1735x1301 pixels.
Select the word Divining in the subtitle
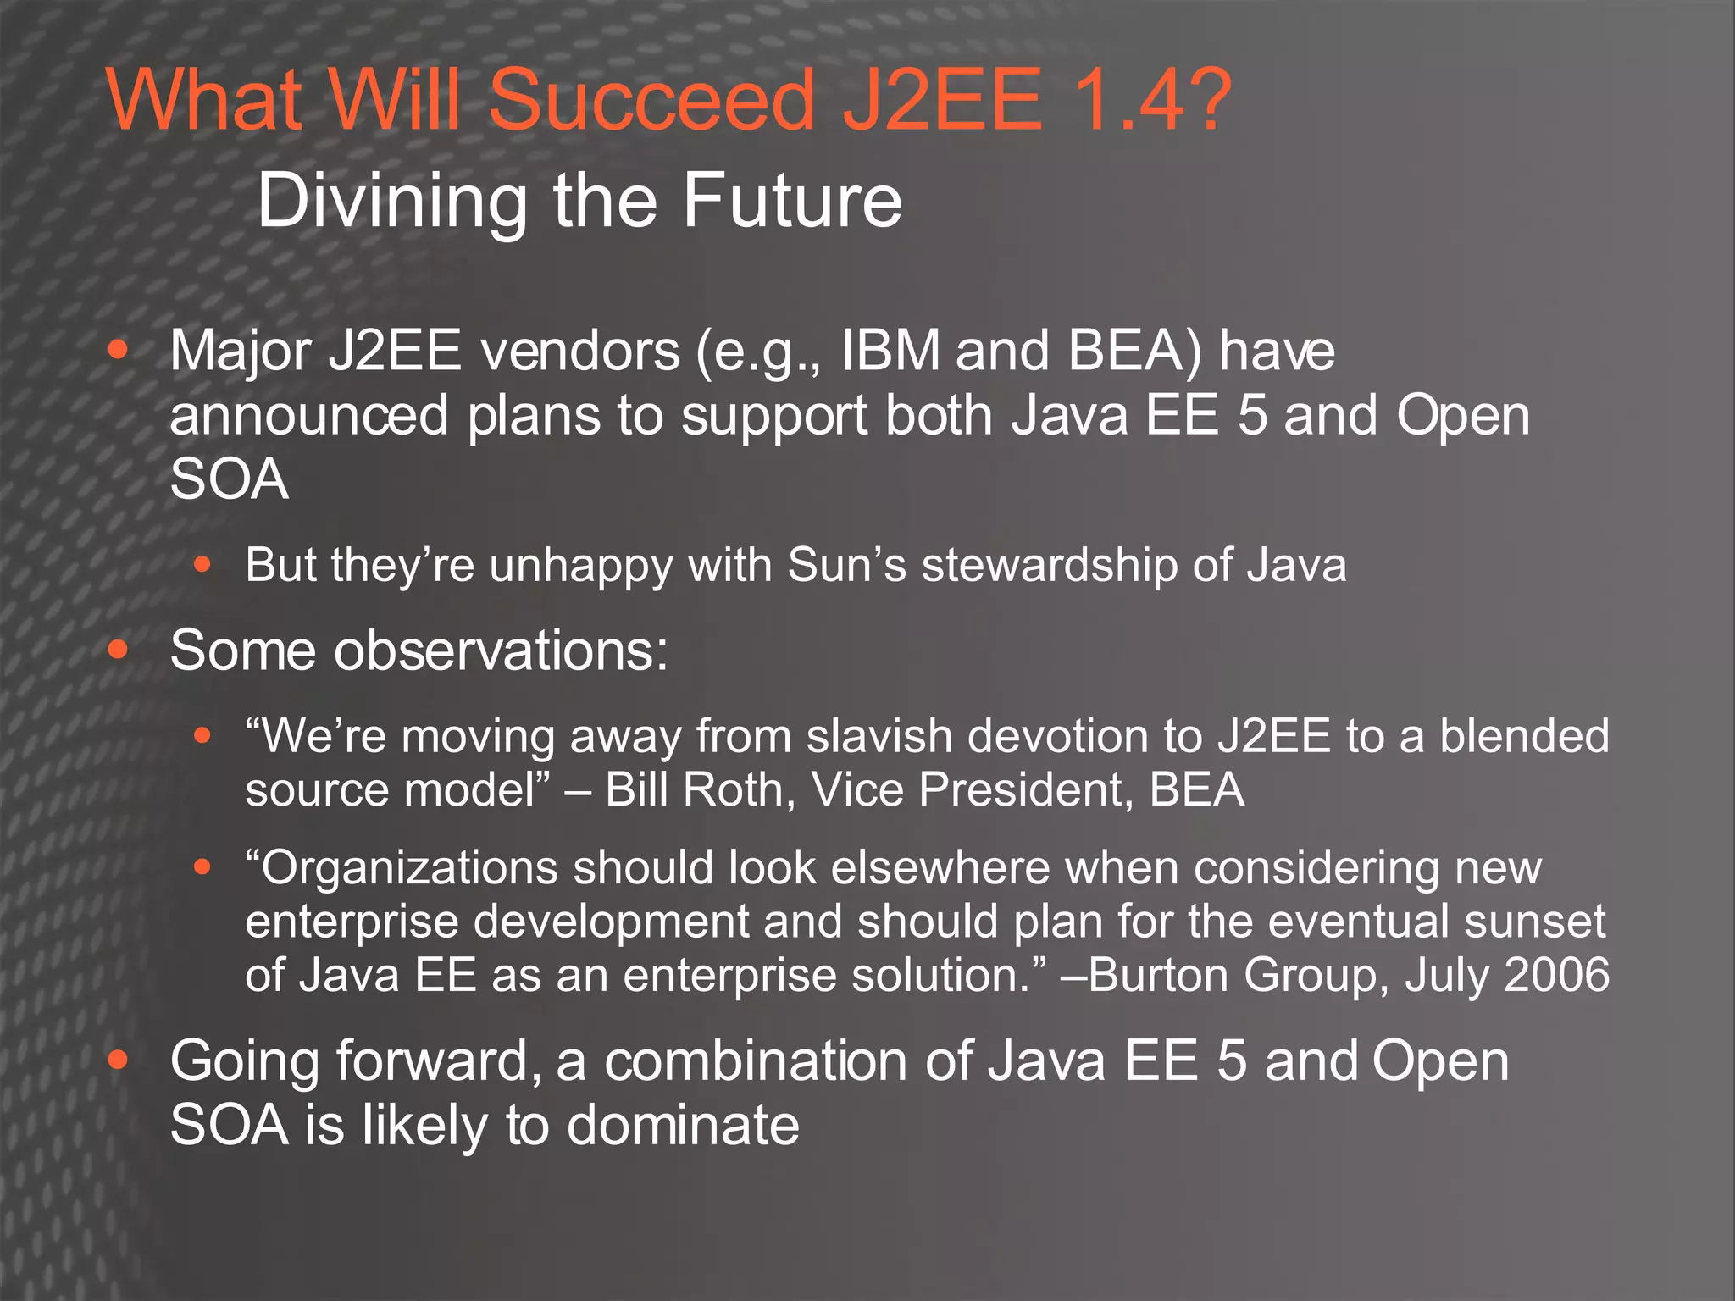point(391,202)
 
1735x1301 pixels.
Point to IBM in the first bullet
point(890,350)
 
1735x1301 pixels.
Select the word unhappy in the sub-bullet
point(580,566)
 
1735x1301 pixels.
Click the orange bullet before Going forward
point(119,1060)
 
